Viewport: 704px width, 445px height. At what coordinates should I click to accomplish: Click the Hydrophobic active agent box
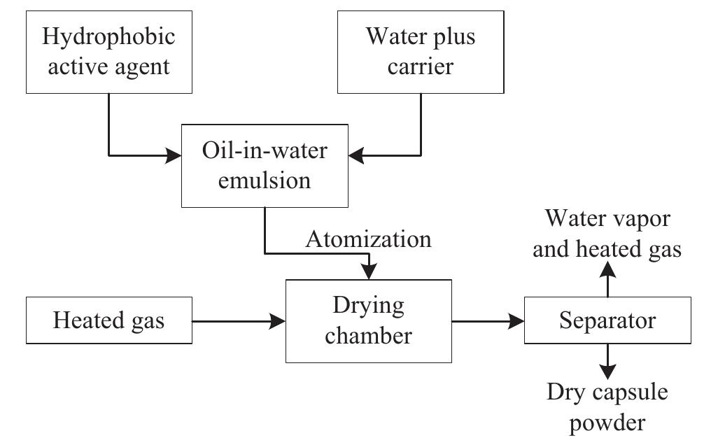109,52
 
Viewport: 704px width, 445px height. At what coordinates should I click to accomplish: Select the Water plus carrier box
421,52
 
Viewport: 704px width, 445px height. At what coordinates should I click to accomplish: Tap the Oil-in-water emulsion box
265,165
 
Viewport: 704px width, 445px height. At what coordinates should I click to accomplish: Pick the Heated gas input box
109,321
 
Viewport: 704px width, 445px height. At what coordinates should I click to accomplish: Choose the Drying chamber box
369,321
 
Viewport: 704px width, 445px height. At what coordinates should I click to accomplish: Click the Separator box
607,321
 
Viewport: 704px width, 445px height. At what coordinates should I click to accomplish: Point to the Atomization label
369,239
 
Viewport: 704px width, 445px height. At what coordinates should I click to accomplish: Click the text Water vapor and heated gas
607,234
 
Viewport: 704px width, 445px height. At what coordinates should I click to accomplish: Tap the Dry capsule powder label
607,408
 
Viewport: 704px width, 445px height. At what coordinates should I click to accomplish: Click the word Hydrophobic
109,37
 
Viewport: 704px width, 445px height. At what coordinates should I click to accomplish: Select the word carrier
421,67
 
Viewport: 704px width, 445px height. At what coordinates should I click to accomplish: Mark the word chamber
369,336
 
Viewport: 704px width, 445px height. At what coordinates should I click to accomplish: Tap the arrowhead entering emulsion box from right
356,155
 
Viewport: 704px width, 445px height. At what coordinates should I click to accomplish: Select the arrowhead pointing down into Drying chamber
369,270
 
